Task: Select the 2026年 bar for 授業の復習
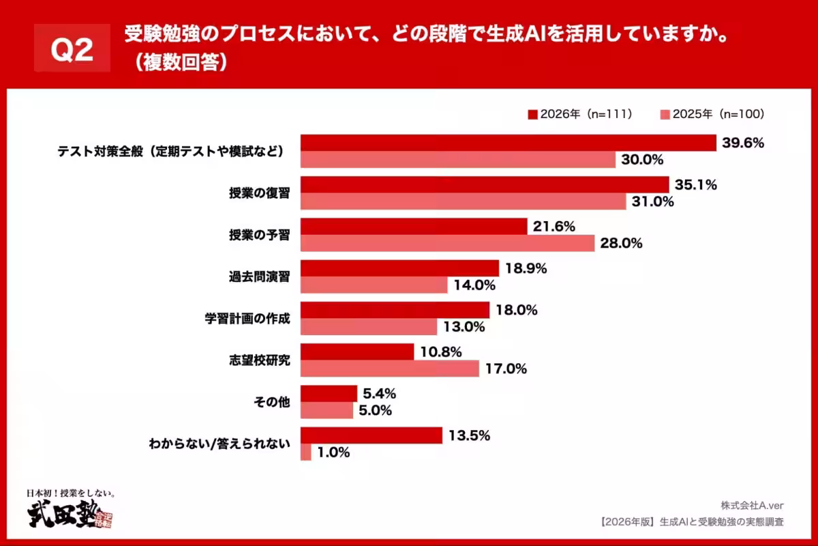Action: coord(484,185)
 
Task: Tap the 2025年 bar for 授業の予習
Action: coord(447,243)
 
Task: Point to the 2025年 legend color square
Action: coord(665,114)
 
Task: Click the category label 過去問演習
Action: coord(259,276)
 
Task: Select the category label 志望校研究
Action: coord(259,360)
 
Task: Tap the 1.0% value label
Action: coord(334,452)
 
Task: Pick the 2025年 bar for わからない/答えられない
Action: coord(305,452)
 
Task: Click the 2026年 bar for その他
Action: coord(329,394)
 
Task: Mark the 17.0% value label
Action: coord(506,369)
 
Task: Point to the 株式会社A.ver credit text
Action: coord(752,506)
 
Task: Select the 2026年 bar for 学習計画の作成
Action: coord(395,310)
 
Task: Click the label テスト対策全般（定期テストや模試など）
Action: coord(170,152)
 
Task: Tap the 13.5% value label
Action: coord(469,435)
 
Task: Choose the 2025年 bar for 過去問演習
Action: coord(374,285)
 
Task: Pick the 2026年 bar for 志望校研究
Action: coord(357,352)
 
